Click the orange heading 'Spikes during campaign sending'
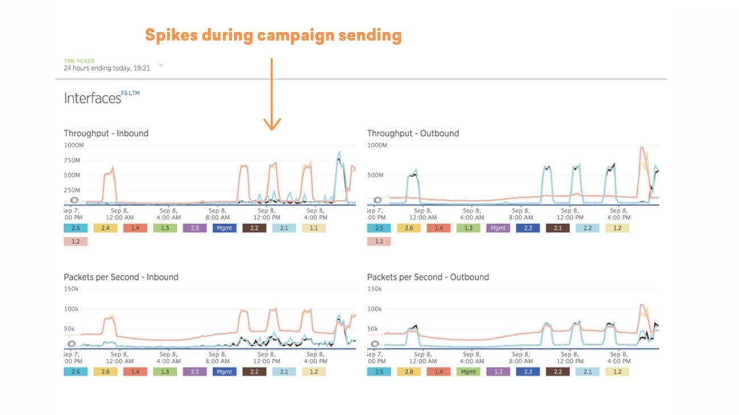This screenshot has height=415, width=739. pos(273,35)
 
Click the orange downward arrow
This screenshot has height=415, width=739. pos(272,94)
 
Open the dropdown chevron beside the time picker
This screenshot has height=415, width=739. pos(161,65)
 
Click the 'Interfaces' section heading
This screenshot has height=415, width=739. pos(93,98)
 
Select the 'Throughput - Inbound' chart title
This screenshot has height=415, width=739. pos(106,133)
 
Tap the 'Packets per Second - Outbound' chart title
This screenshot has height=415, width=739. pos(427,277)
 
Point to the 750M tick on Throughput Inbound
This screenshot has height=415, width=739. pos(72,160)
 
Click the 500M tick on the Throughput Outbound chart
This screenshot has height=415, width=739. pos(375,175)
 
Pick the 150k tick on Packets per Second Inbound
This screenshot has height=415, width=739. pos(72,289)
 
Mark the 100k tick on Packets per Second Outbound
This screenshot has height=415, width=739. pos(375,309)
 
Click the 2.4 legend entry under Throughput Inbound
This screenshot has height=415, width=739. pos(105,228)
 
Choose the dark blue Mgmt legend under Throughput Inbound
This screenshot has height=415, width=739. pos(224,228)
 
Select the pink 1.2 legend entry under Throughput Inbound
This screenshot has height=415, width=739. pos(75,241)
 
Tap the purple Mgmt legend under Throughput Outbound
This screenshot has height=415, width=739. pos(498,228)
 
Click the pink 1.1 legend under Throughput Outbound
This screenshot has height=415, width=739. pos(379,241)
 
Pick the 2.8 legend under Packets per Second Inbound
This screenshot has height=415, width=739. pos(105,372)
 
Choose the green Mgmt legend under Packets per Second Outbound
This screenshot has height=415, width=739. pos(468,372)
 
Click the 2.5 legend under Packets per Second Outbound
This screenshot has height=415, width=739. pos(379,372)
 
